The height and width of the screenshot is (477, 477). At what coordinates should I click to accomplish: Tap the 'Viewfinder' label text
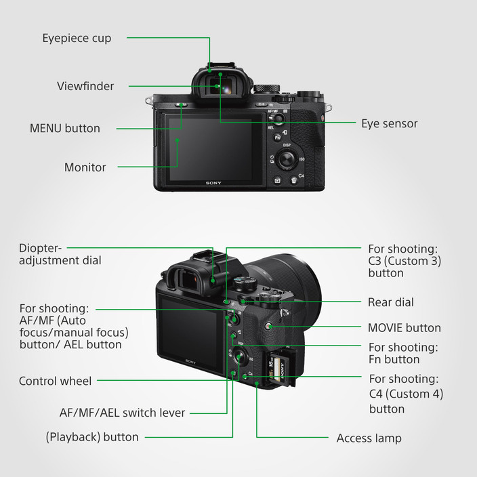click(x=85, y=86)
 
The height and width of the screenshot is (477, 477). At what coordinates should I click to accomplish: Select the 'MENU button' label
click(x=64, y=128)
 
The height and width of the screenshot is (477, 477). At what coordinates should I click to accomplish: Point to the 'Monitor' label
click(x=85, y=167)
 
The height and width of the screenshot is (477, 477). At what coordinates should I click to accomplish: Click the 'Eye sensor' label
click(x=389, y=123)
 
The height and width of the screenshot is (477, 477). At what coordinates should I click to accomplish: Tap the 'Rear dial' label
click(x=390, y=302)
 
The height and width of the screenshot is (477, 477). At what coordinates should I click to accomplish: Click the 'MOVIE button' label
click(x=404, y=328)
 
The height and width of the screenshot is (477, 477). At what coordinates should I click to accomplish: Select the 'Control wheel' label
click(x=55, y=381)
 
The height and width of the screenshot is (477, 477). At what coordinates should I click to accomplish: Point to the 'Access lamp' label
click(x=369, y=438)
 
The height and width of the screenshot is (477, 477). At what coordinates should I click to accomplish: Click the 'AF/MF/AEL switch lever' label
click(x=122, y=412)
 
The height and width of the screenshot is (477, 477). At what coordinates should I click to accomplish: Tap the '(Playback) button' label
click(x=92, y=437)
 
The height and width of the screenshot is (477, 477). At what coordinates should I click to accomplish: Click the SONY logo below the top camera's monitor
click(x=213, y=183)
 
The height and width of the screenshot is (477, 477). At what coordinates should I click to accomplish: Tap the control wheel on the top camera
click(x=287, y=160)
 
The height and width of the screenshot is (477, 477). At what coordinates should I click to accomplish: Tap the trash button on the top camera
click(x=293, y=181)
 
